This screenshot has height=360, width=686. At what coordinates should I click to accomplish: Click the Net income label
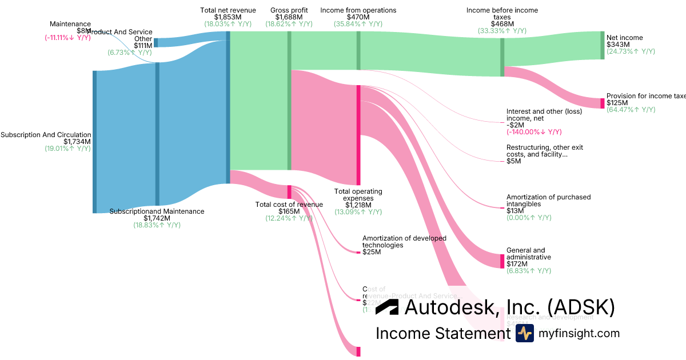[x=624, y=38]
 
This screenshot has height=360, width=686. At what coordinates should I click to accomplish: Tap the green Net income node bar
[x=602, y=45]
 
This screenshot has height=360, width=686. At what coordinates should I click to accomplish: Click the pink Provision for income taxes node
[x=602, y=103]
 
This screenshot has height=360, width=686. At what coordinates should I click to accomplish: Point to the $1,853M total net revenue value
[x=228, y=17]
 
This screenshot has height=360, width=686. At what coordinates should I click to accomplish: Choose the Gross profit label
[x=289, y=10]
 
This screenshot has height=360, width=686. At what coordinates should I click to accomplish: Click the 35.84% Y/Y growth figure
[x=358, y=24]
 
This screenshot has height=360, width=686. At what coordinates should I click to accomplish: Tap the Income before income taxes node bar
[x=502, y=57]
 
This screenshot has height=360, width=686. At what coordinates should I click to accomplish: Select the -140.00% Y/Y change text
[x=534, y=132]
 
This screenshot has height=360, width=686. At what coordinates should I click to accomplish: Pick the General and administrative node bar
[x=502, y=261]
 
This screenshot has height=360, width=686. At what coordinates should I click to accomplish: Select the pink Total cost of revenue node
[x=289, y=192]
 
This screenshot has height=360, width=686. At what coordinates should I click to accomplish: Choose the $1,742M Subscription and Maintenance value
[x=157, y=218]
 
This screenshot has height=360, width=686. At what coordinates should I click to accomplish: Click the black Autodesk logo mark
[x=387, y=307]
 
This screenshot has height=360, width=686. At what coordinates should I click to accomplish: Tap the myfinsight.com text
[x=579, y=333]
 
